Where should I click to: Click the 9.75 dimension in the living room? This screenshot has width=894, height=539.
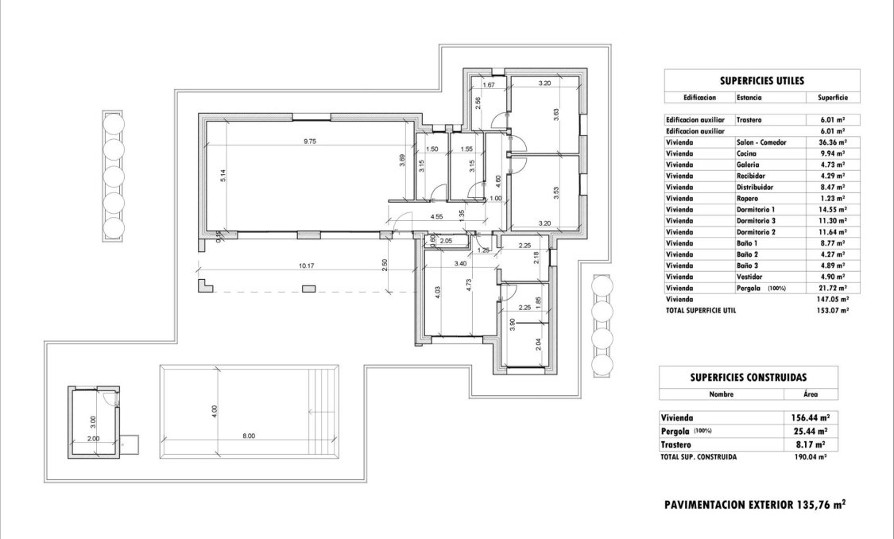311,142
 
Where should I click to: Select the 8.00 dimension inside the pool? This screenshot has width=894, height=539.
248,436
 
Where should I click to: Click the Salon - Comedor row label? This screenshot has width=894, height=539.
760,142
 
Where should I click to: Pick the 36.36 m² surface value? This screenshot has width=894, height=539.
832,142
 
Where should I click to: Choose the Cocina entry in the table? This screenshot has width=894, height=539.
746,153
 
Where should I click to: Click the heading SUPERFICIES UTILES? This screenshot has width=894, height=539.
761,80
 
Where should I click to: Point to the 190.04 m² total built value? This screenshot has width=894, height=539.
811,458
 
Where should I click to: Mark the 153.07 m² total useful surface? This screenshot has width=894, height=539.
831,310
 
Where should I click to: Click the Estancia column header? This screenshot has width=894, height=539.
749,98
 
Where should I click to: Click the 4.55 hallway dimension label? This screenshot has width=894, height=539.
437,216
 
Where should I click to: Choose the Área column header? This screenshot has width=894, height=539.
810,394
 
